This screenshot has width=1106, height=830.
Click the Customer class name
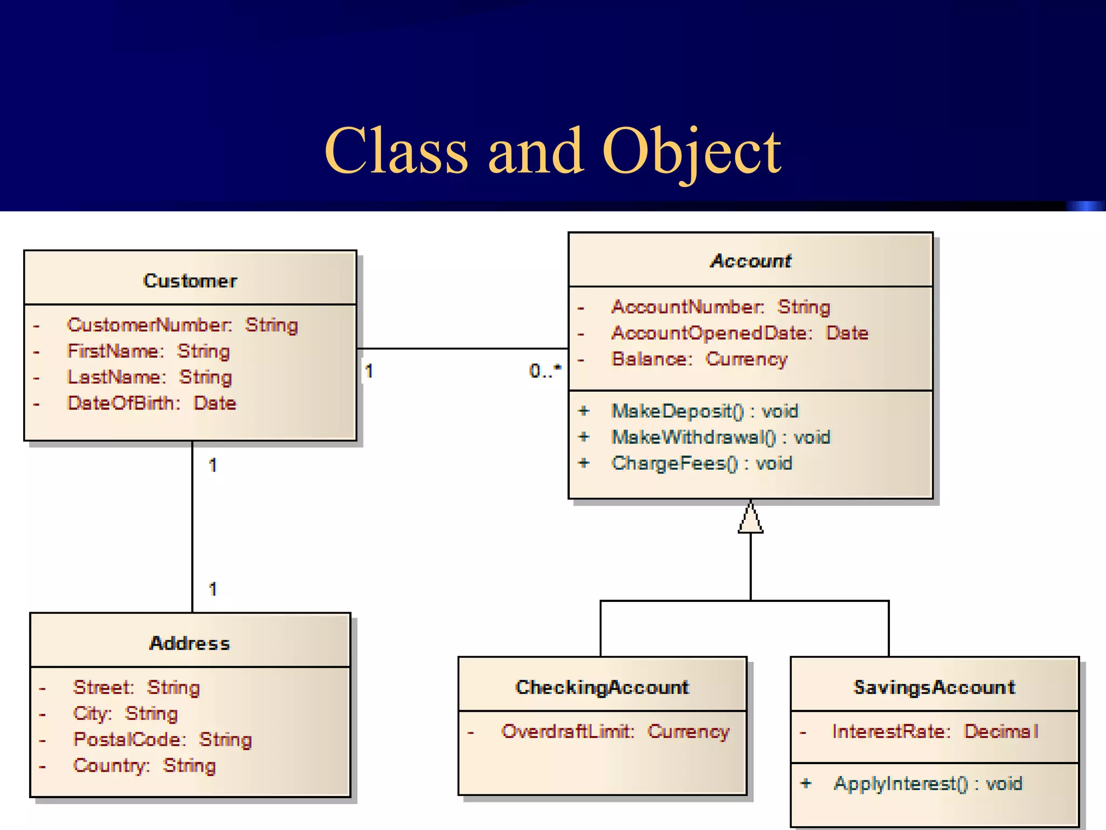[x=190, y=281]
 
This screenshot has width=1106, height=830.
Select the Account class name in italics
[x=751, y=261]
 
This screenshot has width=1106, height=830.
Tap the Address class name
[x=190, y=643]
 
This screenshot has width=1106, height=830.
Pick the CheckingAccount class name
[x=602, y=687]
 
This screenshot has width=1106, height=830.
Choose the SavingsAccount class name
[x=934, y=687]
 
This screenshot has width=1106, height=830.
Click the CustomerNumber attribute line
[x=182, y=325]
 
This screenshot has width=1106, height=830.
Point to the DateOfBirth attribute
[x=151, y=403]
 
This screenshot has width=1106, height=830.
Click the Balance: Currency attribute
[x=699, y=359]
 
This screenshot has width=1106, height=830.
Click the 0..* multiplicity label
[x=545, y=371]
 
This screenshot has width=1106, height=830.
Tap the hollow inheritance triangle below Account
[x=751, y=519]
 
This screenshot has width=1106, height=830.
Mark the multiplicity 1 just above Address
[x=213, y=589]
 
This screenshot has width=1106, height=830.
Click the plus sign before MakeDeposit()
[x=584, y=411]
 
